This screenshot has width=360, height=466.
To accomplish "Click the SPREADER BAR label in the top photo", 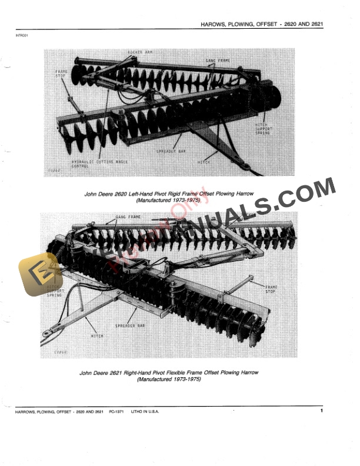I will tap(171, 151).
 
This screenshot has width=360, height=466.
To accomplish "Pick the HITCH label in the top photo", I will tap(204, 161).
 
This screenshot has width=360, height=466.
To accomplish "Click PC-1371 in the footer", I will tap(119, 411).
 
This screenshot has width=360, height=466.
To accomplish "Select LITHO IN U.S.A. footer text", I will tap(145, 411).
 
